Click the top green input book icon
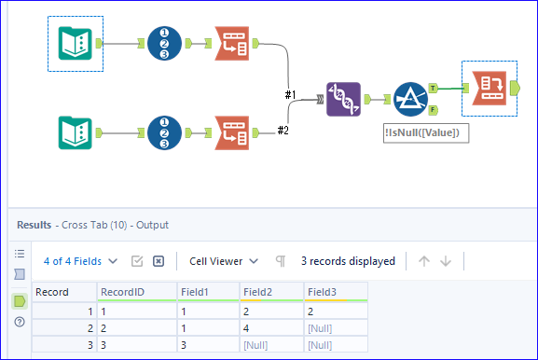pos(75,42)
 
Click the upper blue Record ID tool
pos(165,42)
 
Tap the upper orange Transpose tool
pos(232,42)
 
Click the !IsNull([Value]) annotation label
pos(426,133)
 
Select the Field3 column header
pos(324,292)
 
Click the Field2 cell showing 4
pos(249,327)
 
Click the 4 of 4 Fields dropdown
pos(81,261)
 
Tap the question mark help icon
pos(19,322)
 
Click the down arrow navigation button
pos(445,261)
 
